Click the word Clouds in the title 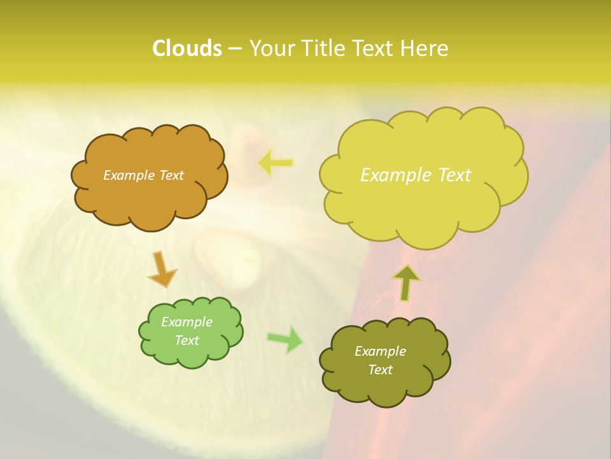[x=186, y=48]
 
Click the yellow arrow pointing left [x=275, y=163]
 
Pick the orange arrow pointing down [x=162, y=269]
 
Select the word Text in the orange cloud [x=171, y=175]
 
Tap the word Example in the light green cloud [x=186, y=322]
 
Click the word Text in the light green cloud [x=186, y=340]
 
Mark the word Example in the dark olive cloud [x=380, y=351]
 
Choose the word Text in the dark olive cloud [x=380, y=370]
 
